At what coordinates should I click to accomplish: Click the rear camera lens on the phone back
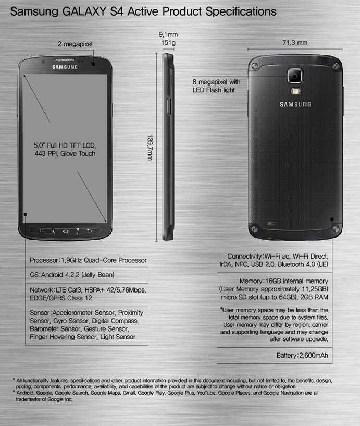[295, 76]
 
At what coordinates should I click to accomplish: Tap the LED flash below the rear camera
[295, 91]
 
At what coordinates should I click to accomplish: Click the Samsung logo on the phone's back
[295, 104]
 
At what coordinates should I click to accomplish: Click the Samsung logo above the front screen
[65, 67]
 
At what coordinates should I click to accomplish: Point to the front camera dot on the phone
[93, 64]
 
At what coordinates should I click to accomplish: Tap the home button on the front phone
[66, 231]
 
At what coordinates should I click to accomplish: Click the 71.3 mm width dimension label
[295, 43]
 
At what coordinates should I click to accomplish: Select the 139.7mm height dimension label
[150, 148]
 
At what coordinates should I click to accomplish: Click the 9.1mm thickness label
[168, 34]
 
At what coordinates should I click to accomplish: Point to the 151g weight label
[168, 43]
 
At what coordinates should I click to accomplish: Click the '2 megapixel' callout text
[75, 44]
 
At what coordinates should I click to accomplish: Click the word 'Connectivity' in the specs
[245, 257]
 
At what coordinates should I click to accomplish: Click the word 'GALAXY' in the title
[84, 11]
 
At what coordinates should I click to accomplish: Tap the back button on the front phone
[89, 231]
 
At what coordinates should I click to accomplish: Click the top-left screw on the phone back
[255, 66]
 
